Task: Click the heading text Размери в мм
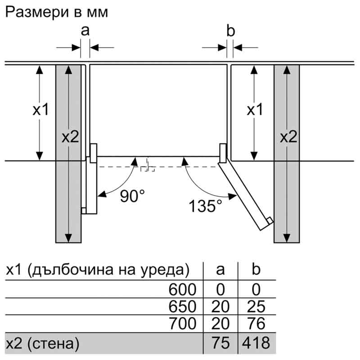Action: click(x=57, y=12)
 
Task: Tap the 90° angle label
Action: click(x=132, y=196)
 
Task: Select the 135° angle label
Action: click(x=205, y=206)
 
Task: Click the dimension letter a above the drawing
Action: click(x=85, y=31)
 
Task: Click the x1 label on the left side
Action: click(x=41, y=109)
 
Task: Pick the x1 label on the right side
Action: click(x=255, y=109)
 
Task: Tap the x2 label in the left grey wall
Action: click(x=70, y=137)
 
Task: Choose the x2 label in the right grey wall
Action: click(x=288, y=137)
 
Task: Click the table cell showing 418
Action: click(x=256, y=343)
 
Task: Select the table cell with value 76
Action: click(x=256, y=324)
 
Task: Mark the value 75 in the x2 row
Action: click(x=220, y=343)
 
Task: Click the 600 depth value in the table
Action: click(x=183, y=289)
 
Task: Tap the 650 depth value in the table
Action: click(x=183, y=306)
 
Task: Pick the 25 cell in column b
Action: click(x=256, y=306)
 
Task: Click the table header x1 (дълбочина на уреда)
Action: click(x=98, y=270)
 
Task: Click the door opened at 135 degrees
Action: click(x=245, y=195)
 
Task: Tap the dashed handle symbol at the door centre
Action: click(x=148, y=167)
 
